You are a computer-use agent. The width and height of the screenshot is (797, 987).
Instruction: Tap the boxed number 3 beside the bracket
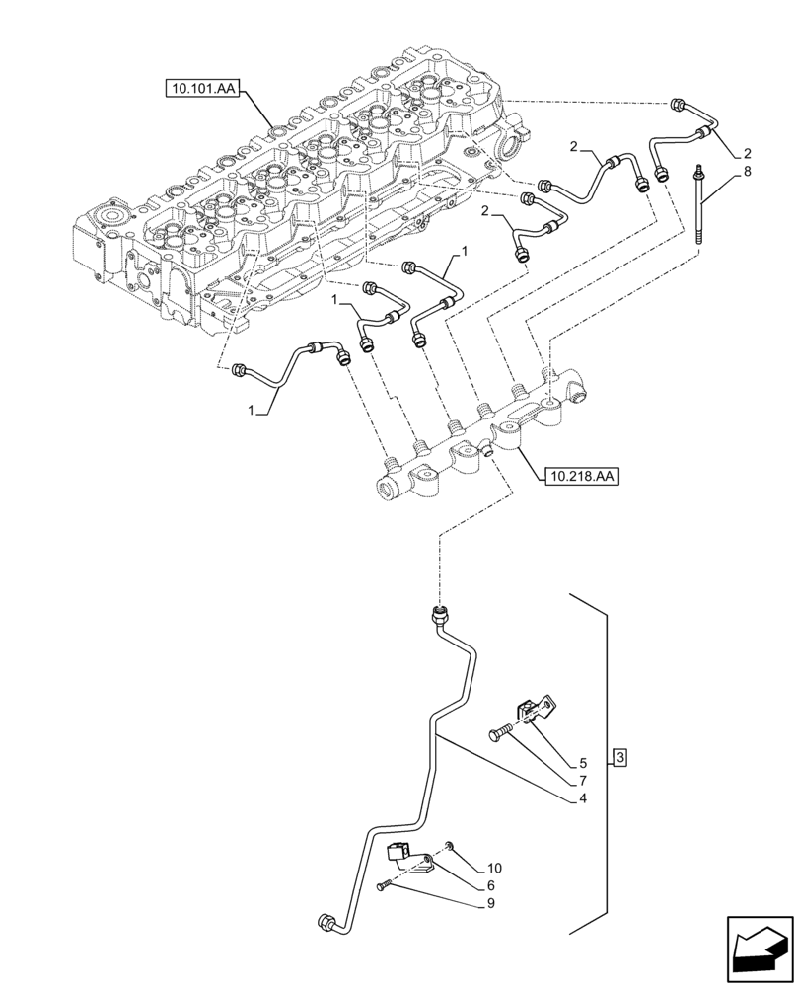click(618, 757)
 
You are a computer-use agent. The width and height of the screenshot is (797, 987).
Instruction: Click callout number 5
click(583, 763)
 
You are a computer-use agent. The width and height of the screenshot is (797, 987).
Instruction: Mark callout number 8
click(748, 171)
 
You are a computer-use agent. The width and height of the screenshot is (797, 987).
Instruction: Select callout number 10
click(493, 869)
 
